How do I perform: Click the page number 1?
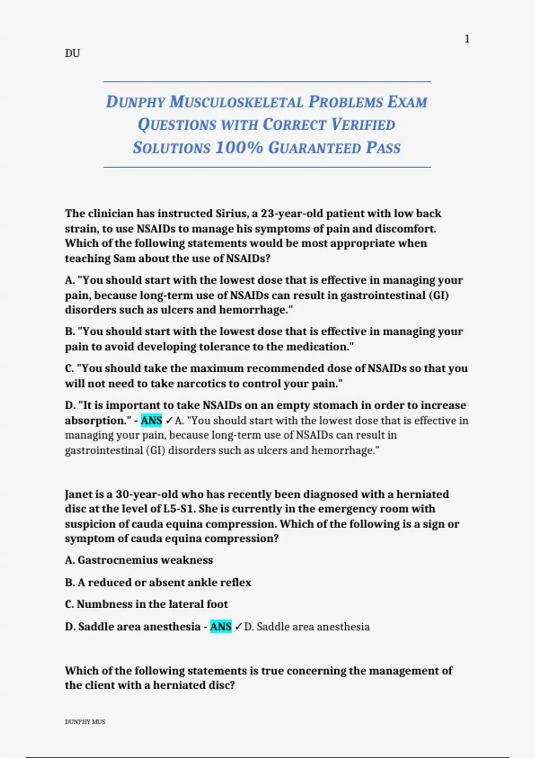[467, 39]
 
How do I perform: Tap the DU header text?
[72, 54]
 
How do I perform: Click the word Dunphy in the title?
[135, 102]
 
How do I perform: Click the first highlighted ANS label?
[152, 420]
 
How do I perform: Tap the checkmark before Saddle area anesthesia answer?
[239, 627]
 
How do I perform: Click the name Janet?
[79, 494]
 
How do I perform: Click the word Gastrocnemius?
[111, 560]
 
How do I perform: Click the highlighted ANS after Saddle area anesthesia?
[221, 627]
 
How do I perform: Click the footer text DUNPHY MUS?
[85, 722]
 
